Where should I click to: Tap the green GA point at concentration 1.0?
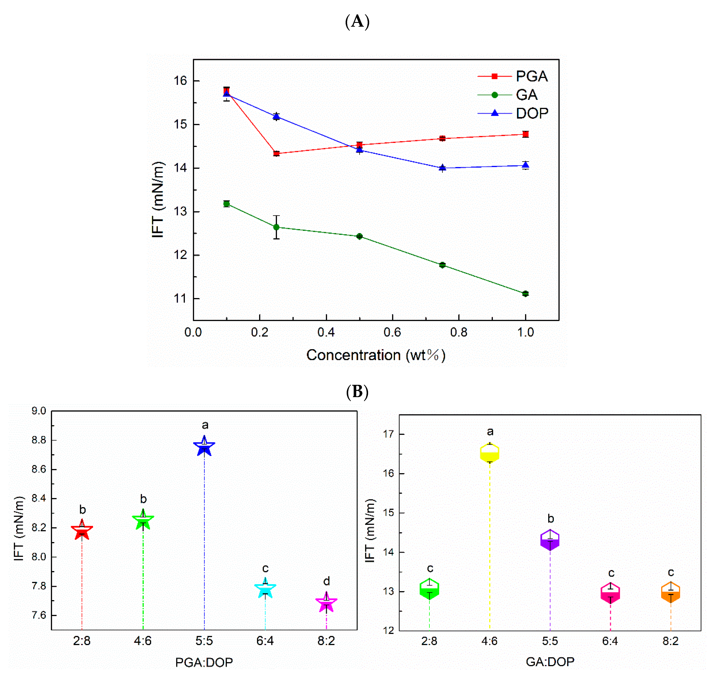525,293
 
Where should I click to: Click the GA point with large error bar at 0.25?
276,227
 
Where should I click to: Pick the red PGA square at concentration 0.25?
276,154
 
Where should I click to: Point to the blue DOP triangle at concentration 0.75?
442,168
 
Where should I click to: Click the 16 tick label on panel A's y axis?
180,81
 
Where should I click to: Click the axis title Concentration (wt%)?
376,355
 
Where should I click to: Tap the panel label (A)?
357,21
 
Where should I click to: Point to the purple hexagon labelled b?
550,540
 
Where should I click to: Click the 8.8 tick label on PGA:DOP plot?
39,440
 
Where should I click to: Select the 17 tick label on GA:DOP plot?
388,434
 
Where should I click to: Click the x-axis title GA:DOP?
550,661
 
